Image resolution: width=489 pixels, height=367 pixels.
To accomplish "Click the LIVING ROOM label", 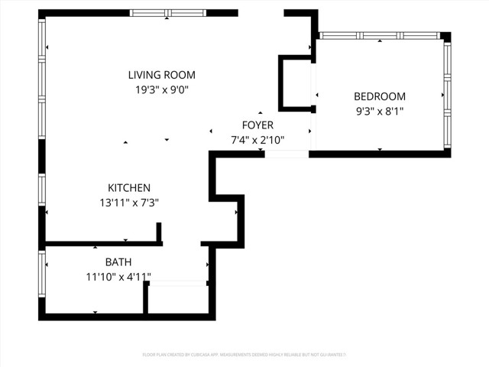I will (161, 75).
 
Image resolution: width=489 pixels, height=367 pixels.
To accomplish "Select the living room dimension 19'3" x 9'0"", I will (161, 89).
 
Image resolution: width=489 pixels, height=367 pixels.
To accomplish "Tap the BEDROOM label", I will (379, 96).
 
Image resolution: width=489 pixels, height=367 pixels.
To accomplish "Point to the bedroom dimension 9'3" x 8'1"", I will (379, 111).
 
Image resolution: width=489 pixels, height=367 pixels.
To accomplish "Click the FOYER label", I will (257, 125).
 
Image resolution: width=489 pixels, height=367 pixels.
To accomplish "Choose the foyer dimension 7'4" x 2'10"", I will (257, 140).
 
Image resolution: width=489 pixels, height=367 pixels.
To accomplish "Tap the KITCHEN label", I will (128, 187).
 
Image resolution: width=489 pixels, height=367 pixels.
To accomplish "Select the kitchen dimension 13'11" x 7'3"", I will (128, 203).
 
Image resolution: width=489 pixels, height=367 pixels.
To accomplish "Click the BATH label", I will (118, 261).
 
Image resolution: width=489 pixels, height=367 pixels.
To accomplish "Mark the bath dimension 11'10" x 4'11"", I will (118, 277).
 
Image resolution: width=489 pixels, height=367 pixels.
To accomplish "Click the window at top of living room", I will (167, 13).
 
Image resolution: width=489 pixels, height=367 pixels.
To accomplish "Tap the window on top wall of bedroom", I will (379, 35).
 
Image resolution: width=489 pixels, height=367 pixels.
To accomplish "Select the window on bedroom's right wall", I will (447, 96).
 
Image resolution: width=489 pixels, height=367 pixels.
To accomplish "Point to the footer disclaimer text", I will (244, 355).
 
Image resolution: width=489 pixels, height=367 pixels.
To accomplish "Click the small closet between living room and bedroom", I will (296, 83).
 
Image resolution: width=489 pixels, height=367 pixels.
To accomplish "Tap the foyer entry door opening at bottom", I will (287, 154).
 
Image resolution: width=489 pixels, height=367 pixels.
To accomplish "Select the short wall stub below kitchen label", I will (159, 232).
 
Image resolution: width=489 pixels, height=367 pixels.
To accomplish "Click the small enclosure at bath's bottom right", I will (177, 299).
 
